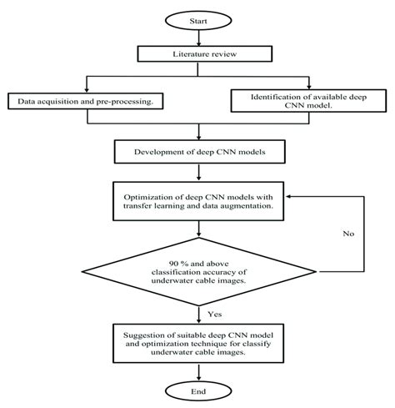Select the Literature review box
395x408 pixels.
click(x=197, y=54)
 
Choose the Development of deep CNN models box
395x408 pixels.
click(x=197, y=152)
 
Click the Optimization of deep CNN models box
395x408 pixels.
click(x=197, y=200)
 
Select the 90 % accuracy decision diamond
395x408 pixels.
click(x=197, y=273)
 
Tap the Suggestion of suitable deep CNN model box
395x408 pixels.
click(x=197, y=342)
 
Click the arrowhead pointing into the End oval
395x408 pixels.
click(x=197, y=372)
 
